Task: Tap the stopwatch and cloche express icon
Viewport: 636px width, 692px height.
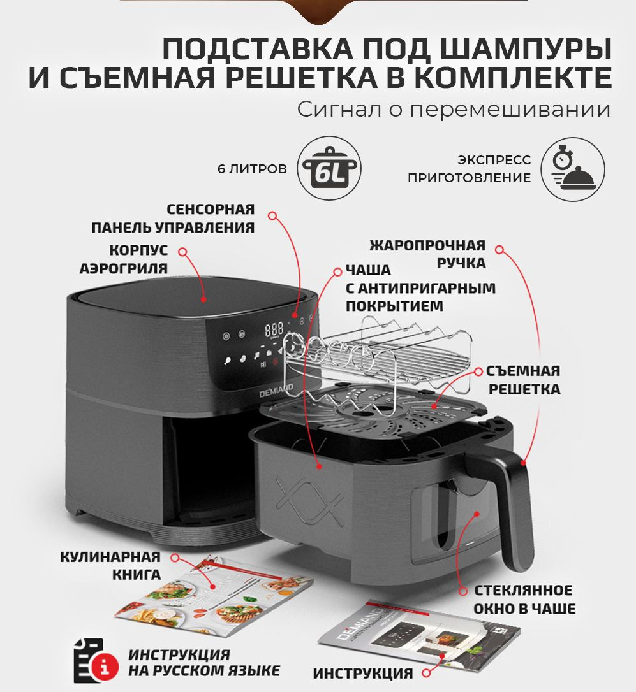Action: tap(572, 169)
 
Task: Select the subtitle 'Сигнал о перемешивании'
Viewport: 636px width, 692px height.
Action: tap(454, 109)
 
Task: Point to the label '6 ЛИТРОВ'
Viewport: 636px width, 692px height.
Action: tap(251, 169)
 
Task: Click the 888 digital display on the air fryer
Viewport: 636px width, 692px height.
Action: tap(274, 329)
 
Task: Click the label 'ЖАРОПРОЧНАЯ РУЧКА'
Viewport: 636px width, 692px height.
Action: tap(427, 254)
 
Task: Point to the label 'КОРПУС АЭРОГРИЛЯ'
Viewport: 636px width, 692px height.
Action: tap(124, 259)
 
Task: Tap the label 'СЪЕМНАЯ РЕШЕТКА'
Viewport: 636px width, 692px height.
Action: tap(523, 380)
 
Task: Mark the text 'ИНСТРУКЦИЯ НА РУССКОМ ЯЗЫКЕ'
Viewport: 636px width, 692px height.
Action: tap(204, 663)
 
